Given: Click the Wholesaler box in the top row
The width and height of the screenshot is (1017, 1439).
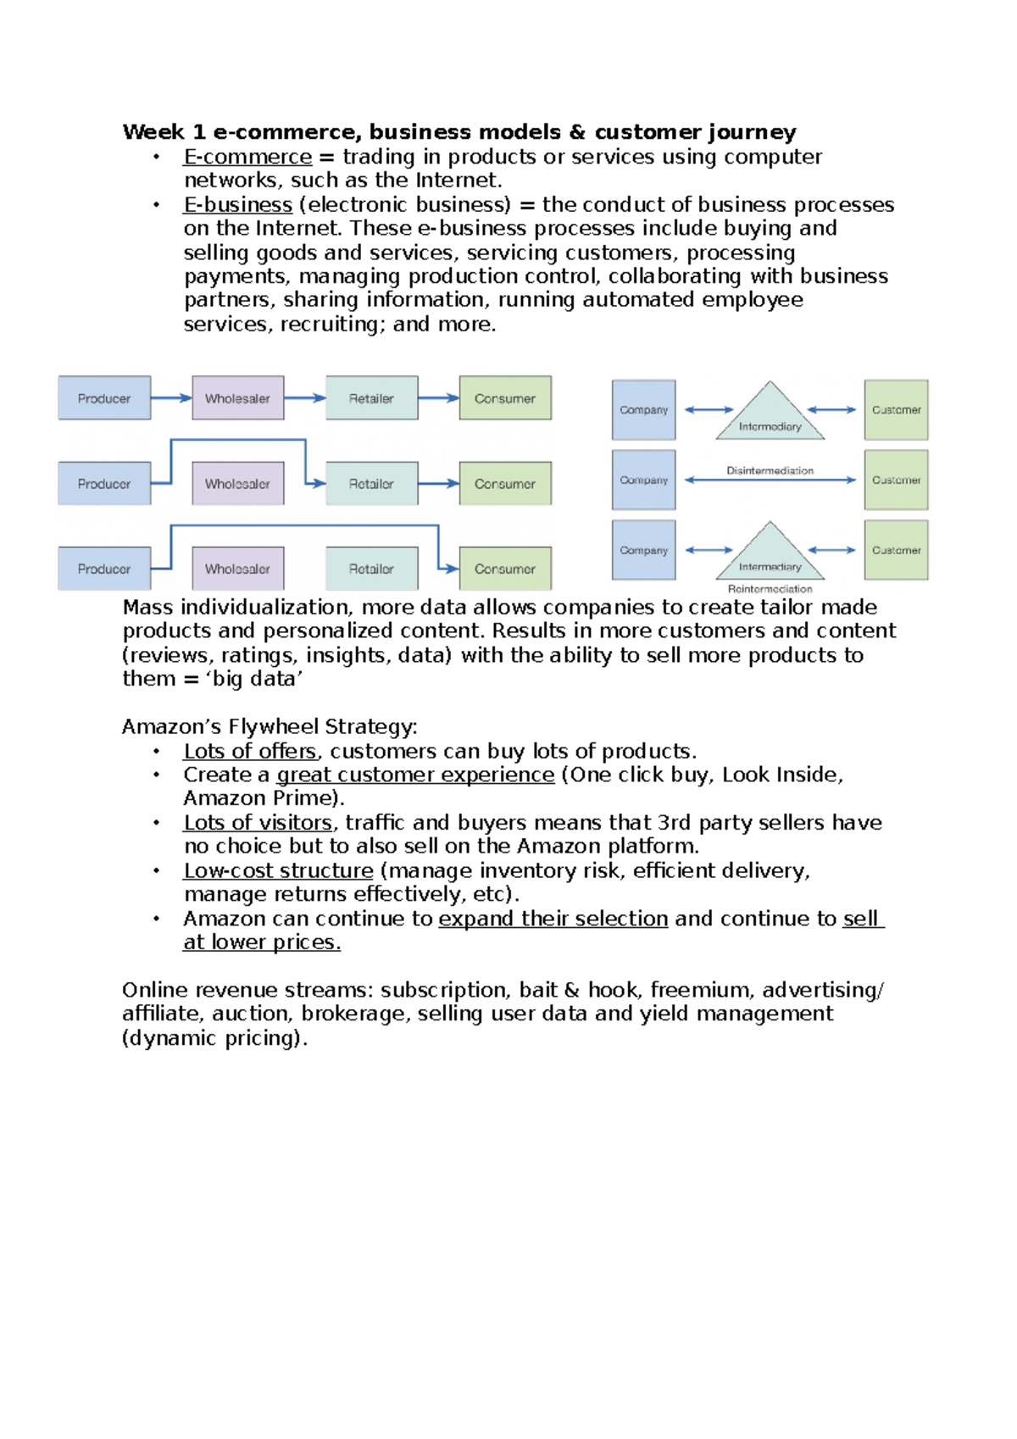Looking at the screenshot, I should (238, 398).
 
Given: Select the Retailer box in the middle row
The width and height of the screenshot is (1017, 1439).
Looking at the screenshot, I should (371, 484).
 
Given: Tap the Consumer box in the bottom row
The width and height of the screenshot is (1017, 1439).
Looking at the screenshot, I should (505, 569).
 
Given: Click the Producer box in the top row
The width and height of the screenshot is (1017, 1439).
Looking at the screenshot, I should (104, 398).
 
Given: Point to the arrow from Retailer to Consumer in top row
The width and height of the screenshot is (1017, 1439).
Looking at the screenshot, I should (438, 398).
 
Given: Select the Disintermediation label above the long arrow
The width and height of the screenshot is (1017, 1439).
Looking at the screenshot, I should (770, 470).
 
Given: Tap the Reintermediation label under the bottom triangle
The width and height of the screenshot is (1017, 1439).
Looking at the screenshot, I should (770, 589).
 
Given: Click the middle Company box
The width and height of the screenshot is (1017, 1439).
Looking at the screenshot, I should (644, 480).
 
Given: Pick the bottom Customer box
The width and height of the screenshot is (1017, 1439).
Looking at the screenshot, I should (896, 550).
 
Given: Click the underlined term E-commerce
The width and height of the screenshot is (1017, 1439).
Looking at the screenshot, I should (247, 157).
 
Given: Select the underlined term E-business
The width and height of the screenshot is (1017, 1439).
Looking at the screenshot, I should (238, 205).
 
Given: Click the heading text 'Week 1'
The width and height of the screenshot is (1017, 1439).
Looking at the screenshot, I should (164, 132).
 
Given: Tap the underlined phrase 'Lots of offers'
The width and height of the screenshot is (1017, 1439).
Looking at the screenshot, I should (250, 751).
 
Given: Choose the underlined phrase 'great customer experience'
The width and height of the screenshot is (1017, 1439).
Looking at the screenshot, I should (415, 775).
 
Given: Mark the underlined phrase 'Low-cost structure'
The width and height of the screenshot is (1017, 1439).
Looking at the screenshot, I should (278, 870).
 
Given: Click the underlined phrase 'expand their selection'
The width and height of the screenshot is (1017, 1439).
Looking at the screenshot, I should (553, 919).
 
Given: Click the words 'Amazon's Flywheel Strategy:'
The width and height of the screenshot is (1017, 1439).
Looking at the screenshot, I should (270, 726).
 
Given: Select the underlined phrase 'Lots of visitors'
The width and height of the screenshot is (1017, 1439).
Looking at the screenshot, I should (258, 822).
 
